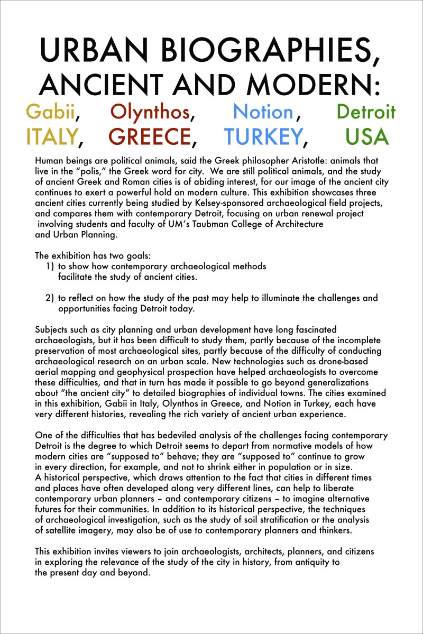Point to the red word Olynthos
click(x=150, y=112)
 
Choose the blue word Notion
click(x=263, y=112)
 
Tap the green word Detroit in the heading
click(x=366, y=112)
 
